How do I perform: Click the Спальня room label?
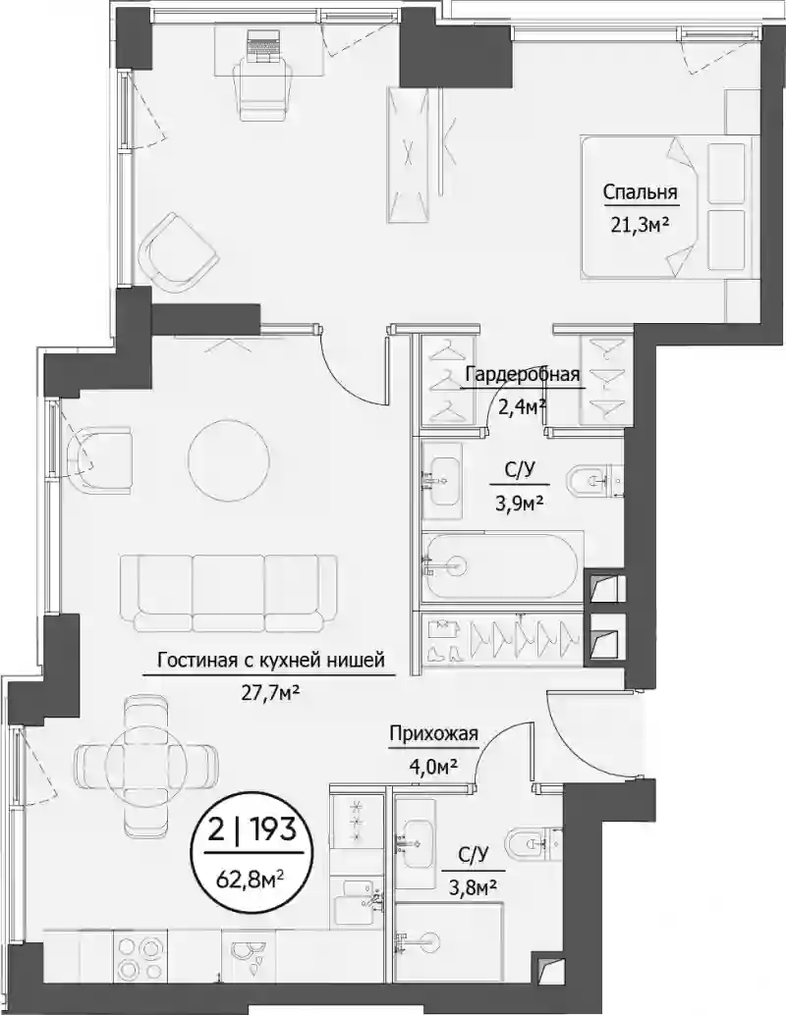tap(640, 192)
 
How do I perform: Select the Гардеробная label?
tap(523, 375)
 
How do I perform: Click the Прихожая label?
tap(433, 734)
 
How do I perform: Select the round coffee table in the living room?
tap(228, 461)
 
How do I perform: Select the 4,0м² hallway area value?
tap(433, 765)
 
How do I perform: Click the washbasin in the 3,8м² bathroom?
tap(415, 839)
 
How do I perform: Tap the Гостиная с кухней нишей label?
tap(271, 661)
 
